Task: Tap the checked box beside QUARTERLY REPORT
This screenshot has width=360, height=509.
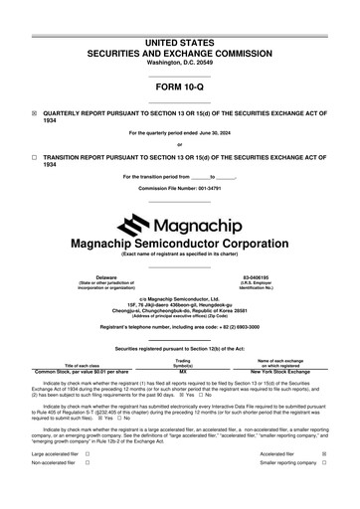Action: click(x=35, y=112)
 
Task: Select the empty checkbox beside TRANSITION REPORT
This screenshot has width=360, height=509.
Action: click(x=35, y=157)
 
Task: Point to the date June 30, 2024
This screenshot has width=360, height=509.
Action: click(x=211, y=132)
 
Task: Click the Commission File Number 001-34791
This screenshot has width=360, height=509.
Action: click(x=180, y=187)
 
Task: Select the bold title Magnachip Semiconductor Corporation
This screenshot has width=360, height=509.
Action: click(x=180, y=243)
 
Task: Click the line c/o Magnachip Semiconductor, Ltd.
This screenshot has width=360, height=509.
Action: click(x=180, y=296)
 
